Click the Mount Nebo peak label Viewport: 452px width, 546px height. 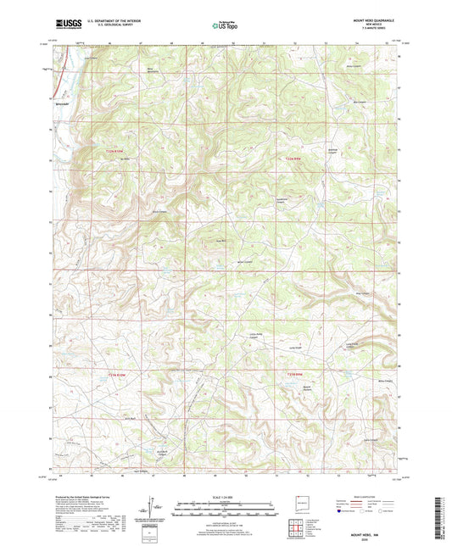pos(129,158)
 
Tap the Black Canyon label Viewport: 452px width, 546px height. pos(159,211)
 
